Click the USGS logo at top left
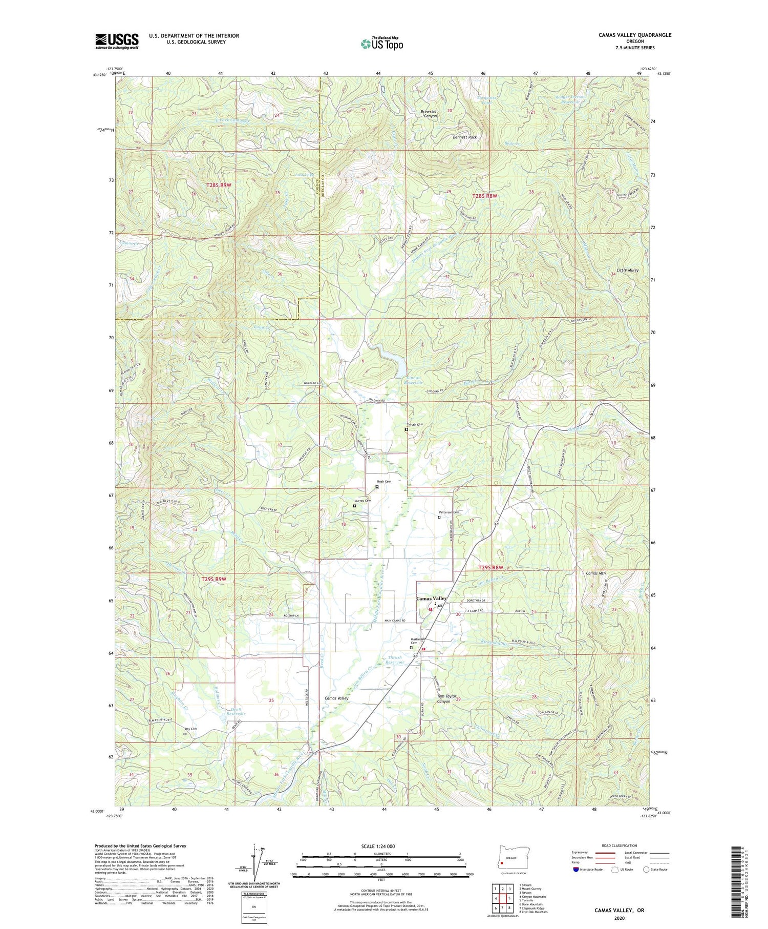point(116,41)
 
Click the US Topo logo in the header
point(381,44)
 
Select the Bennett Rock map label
point(464,137)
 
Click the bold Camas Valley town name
point(431,598)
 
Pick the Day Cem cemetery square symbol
point(185,734)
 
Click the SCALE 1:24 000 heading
point(381,846)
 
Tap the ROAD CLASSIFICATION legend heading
point(620,845)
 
